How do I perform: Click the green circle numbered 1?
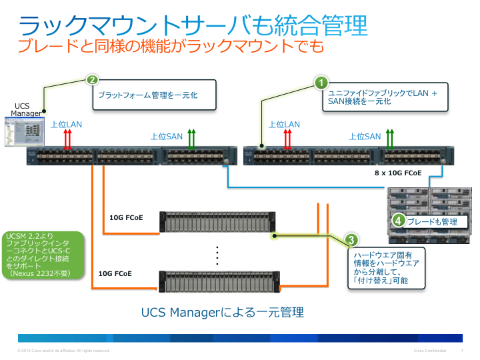(321, 83)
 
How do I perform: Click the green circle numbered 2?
(93, 80)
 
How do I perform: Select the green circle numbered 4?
(398, 221)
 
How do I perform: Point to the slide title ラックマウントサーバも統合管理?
(193, 26)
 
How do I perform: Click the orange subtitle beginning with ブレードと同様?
(170, 46)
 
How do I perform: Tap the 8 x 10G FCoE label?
(399, 172)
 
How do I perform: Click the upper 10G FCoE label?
(125, 217)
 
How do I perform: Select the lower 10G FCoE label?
(115, 273)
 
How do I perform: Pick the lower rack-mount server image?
(217, 281)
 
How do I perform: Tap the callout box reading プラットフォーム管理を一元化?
(153, 95)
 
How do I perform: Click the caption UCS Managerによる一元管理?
(223, 312)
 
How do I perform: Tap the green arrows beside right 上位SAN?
(391, 139)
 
